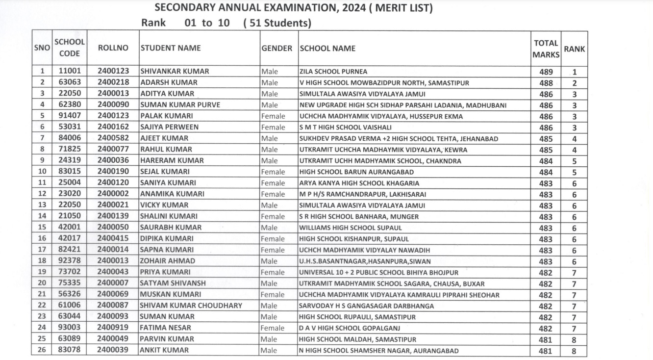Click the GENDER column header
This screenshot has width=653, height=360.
(276, 49)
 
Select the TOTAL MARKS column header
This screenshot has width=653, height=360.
(546, 49)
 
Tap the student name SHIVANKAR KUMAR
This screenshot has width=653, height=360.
(175, 72)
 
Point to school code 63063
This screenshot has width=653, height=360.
(70, 82)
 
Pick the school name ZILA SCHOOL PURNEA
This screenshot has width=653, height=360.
(333, 72)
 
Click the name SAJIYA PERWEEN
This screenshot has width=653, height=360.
(170, 127)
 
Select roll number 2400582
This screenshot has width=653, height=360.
(113, 138)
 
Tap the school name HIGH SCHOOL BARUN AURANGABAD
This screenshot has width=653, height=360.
(356, 172)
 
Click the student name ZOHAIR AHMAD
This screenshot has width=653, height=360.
(168, 261)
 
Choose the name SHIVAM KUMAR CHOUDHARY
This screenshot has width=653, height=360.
(191, 306)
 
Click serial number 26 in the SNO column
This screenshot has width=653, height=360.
(42, 350)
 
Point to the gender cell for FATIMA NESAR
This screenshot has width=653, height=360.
(273, 328)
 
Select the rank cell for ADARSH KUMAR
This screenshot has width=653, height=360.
(574, 83)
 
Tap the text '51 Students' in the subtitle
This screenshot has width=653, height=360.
(277, 23)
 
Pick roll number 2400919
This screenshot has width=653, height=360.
(113, 328)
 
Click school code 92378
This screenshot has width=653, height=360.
(70, 261)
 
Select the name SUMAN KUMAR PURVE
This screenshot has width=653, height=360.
(180, 105)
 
